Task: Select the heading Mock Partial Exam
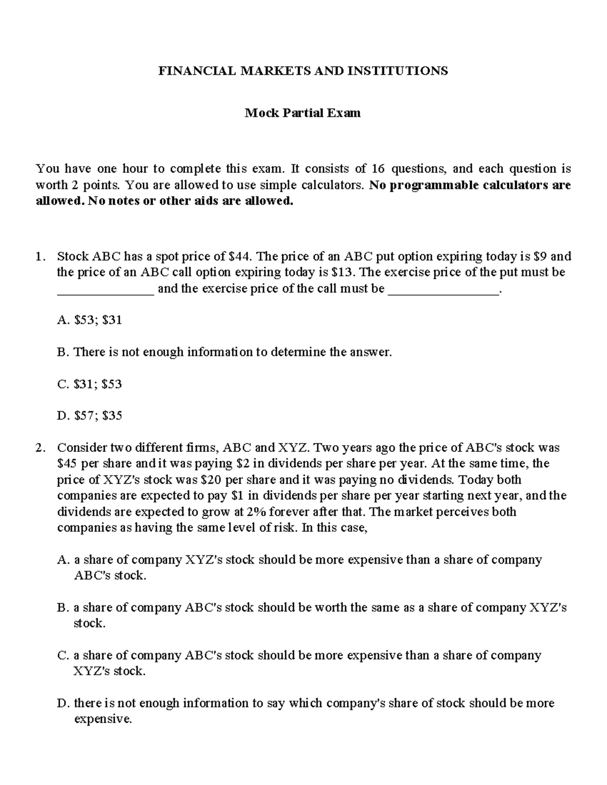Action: coord(302,113)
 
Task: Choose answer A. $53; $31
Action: coord(90,320)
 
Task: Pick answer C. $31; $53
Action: coord(90,384)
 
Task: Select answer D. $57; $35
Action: coord(90,416)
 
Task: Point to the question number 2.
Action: coord(40,448)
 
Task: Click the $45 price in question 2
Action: coord(66,464)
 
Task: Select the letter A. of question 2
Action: coord(63,560)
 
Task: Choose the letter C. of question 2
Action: coord(63,656)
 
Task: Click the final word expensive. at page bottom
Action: coord(103,719)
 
